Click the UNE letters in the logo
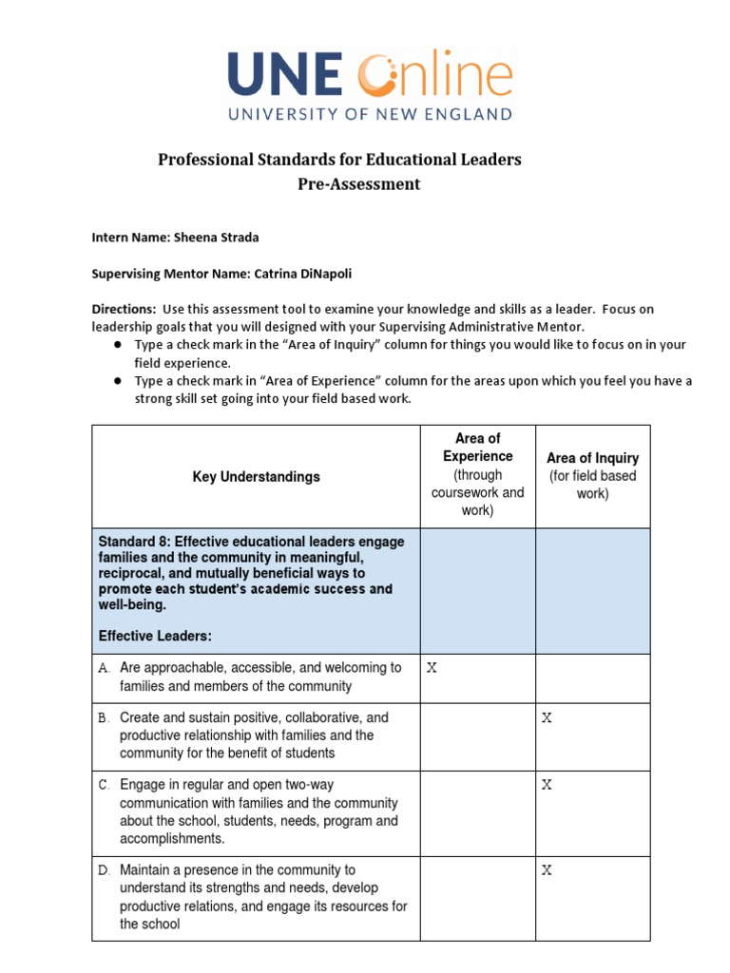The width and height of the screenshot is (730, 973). click(x=285, y=76)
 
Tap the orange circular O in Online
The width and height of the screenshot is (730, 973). click(x=381, y=75)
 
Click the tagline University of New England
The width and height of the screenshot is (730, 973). click(x=369, y=114)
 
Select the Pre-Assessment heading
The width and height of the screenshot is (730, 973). click(x=358, y=184)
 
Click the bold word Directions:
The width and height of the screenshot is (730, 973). click(x=124, y=310)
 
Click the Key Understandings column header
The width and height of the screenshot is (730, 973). click(x=256, y=477)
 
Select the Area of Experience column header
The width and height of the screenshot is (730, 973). click(x=477, y=448)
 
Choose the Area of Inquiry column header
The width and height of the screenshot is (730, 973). click(x=592, y=458)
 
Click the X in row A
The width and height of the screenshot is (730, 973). click(x=432, y=668)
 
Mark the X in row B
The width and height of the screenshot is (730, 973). click(x=547, y=718)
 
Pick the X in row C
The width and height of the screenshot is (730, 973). click(x=547, y=785)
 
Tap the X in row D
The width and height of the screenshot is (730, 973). click(x=547, y=870)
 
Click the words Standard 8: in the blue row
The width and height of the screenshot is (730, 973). click(x=134, y=542)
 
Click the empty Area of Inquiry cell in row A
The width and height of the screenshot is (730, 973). click(x=592, y=678)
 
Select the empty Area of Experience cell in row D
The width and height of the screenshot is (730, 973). click(x=477, y=897)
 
